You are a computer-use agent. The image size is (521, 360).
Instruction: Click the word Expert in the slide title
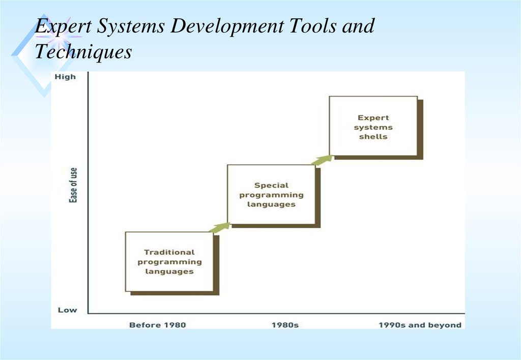(63, 26)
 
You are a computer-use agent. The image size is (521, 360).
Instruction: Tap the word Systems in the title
(131, 26)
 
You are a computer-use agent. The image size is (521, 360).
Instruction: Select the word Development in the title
(227, 26)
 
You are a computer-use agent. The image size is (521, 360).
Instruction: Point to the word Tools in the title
(313, 25)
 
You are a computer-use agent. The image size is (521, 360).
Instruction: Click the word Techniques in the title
(83, 52)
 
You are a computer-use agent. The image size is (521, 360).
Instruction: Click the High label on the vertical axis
(65, 77)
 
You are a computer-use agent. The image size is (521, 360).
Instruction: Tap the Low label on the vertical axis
(68, 310)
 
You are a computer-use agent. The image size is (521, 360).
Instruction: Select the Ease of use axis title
(73, 185)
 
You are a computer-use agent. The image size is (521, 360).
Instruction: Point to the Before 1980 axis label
(158, 325)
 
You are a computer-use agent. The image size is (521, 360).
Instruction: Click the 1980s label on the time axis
(285, 325)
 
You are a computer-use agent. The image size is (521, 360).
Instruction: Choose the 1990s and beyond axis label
(420, 325)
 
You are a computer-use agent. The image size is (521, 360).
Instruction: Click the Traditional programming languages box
(169, 262)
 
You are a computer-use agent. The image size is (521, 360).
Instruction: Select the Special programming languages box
(271, 195)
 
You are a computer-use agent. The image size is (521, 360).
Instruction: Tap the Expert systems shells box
(373, 126)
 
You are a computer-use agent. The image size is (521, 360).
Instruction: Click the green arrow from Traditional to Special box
(220, 227)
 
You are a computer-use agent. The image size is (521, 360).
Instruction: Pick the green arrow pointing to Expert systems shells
(322, 160)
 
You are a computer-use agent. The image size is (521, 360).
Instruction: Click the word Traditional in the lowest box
(169, 252)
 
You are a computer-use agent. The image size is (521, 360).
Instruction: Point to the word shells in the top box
(373, 136)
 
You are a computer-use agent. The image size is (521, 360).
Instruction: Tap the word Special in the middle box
(271, 185)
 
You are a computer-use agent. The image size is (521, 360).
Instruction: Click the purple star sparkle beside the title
(59, 36)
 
